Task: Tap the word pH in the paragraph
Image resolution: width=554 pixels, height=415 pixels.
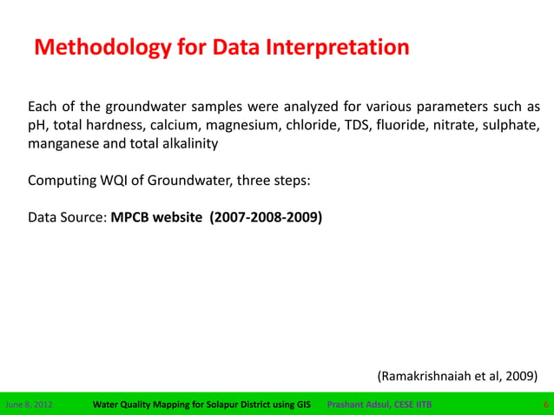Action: [x=36, y=126]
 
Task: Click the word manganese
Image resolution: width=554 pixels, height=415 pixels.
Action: [x=63, y=145]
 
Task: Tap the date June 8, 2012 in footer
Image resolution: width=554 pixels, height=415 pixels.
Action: [x=29, y=405]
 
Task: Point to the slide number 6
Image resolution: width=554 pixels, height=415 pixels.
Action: [x=544, y=405]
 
